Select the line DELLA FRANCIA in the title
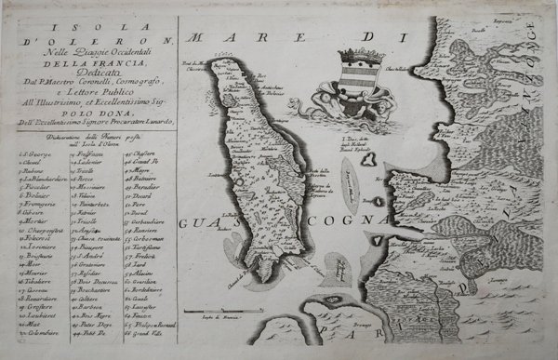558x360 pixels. [x=90, y=66]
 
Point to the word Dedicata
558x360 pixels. [x=90, y=79]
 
